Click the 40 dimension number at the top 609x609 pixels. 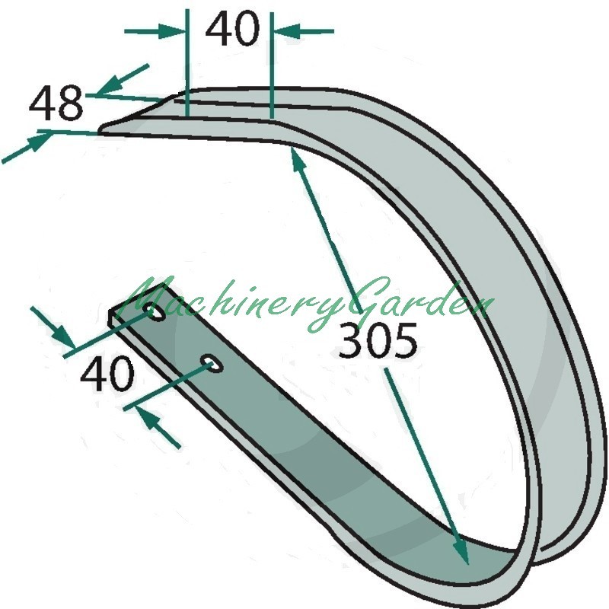[232, 28]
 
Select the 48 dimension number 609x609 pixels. [56, 104]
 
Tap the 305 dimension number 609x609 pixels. [378, 340]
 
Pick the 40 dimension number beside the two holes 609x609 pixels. [107, 374]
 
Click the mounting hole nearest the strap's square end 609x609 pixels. [155, 313]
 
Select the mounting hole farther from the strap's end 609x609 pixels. [212, 364]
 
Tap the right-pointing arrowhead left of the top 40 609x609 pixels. [171, 31]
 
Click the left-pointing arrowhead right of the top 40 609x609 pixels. [288, 31]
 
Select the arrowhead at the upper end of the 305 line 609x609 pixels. [297, 158]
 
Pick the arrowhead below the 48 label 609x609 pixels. [39, 141]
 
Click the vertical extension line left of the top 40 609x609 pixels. [187, 62]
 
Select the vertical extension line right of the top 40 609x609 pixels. [272, 65]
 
